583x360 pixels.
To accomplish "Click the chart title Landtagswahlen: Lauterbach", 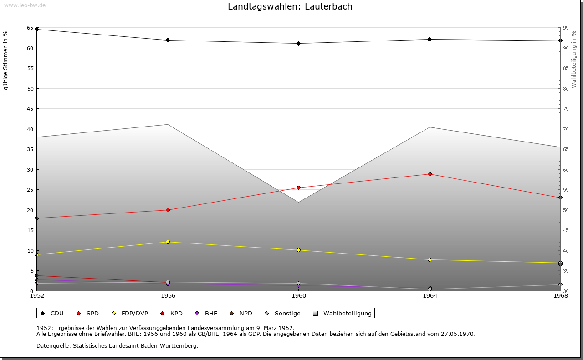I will coord(290,7).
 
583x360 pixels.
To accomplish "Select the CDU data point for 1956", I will coord(168,41).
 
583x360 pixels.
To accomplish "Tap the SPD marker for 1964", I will coord(430,174).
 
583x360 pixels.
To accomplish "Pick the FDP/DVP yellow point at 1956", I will coord(168,242).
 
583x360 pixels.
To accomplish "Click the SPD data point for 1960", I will coord(299,188).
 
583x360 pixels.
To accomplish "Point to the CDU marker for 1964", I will coord(430,40).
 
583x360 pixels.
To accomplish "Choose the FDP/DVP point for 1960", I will coord(299,250).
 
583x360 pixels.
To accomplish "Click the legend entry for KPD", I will coord(176,314).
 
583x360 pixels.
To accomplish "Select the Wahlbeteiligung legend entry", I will coord(347,314).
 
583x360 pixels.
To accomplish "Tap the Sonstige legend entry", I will coord(287,314).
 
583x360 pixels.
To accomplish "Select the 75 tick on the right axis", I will coord(566,109).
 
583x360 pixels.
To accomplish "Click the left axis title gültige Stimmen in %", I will coord(6,60).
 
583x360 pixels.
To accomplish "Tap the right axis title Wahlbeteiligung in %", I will coord(574,59).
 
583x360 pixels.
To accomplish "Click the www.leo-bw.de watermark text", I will coord(25,5).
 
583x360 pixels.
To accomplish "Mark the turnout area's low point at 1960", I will coord(299,202).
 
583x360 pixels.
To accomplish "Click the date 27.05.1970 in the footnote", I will coord(457,334).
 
